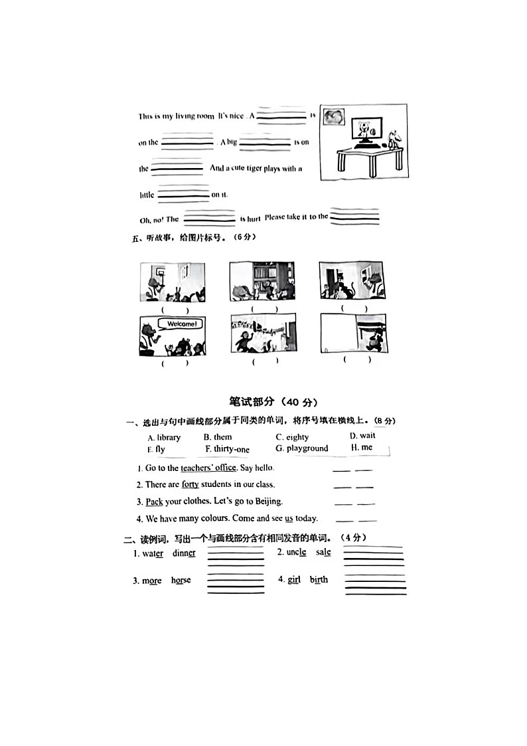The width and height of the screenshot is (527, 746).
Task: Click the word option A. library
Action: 164,437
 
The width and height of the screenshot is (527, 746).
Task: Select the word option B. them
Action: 218,437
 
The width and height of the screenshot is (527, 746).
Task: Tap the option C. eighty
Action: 292,437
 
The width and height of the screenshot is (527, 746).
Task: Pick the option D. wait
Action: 362,436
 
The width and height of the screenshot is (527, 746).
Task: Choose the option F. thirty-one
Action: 226,450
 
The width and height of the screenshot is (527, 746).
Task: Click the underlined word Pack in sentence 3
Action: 154,502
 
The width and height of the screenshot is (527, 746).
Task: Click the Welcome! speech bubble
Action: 181,324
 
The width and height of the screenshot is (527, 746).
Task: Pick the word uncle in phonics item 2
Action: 296,552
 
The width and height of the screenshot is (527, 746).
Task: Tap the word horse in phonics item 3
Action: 181,581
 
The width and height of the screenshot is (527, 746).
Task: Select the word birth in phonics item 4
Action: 319,579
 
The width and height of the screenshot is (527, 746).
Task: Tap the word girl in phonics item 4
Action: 294,579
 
